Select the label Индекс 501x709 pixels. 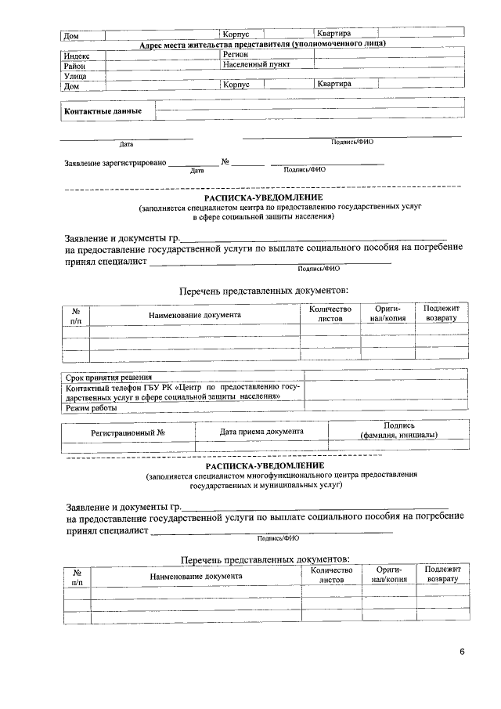point(77,56)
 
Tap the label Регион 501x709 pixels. point(236,55)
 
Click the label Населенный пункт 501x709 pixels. point(256,65)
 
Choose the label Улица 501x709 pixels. point(75,76)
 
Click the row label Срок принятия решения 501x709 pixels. point(109,378)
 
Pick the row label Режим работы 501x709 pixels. point(92,408)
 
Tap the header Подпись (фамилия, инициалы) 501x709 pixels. point(398,430)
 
